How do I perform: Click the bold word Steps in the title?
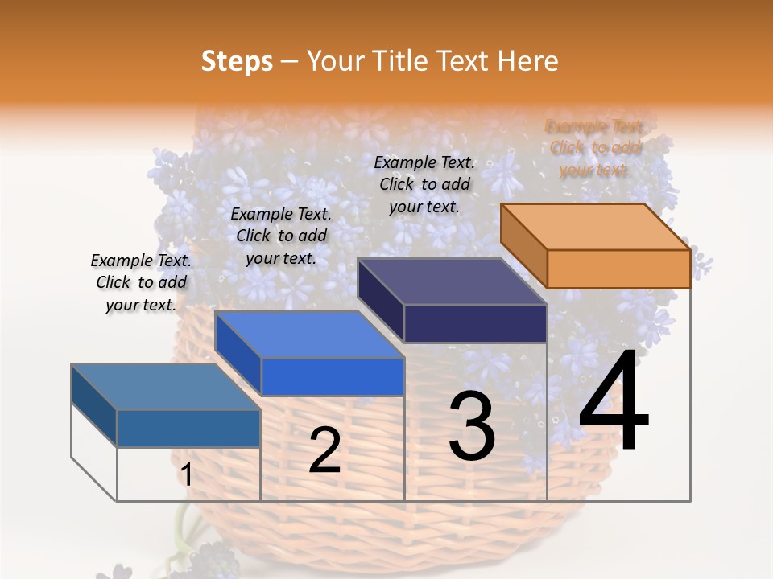(237, 61)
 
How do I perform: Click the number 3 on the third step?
(472, 426)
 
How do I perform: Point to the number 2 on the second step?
(324, 450)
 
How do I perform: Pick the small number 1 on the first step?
(186, 475)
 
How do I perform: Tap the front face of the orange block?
(618, 269)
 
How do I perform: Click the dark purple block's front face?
(475, 323)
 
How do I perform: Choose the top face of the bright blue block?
(309, 335)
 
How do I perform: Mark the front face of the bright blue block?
(333, 376)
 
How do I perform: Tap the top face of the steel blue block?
(166, 387)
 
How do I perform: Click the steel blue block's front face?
(188, 428)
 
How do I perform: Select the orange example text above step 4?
(595, 148)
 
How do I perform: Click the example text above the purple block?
(424, 184)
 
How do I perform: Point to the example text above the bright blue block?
(281, 236)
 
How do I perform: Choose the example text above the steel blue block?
(141, 282)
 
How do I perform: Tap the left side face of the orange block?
(523, 245)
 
